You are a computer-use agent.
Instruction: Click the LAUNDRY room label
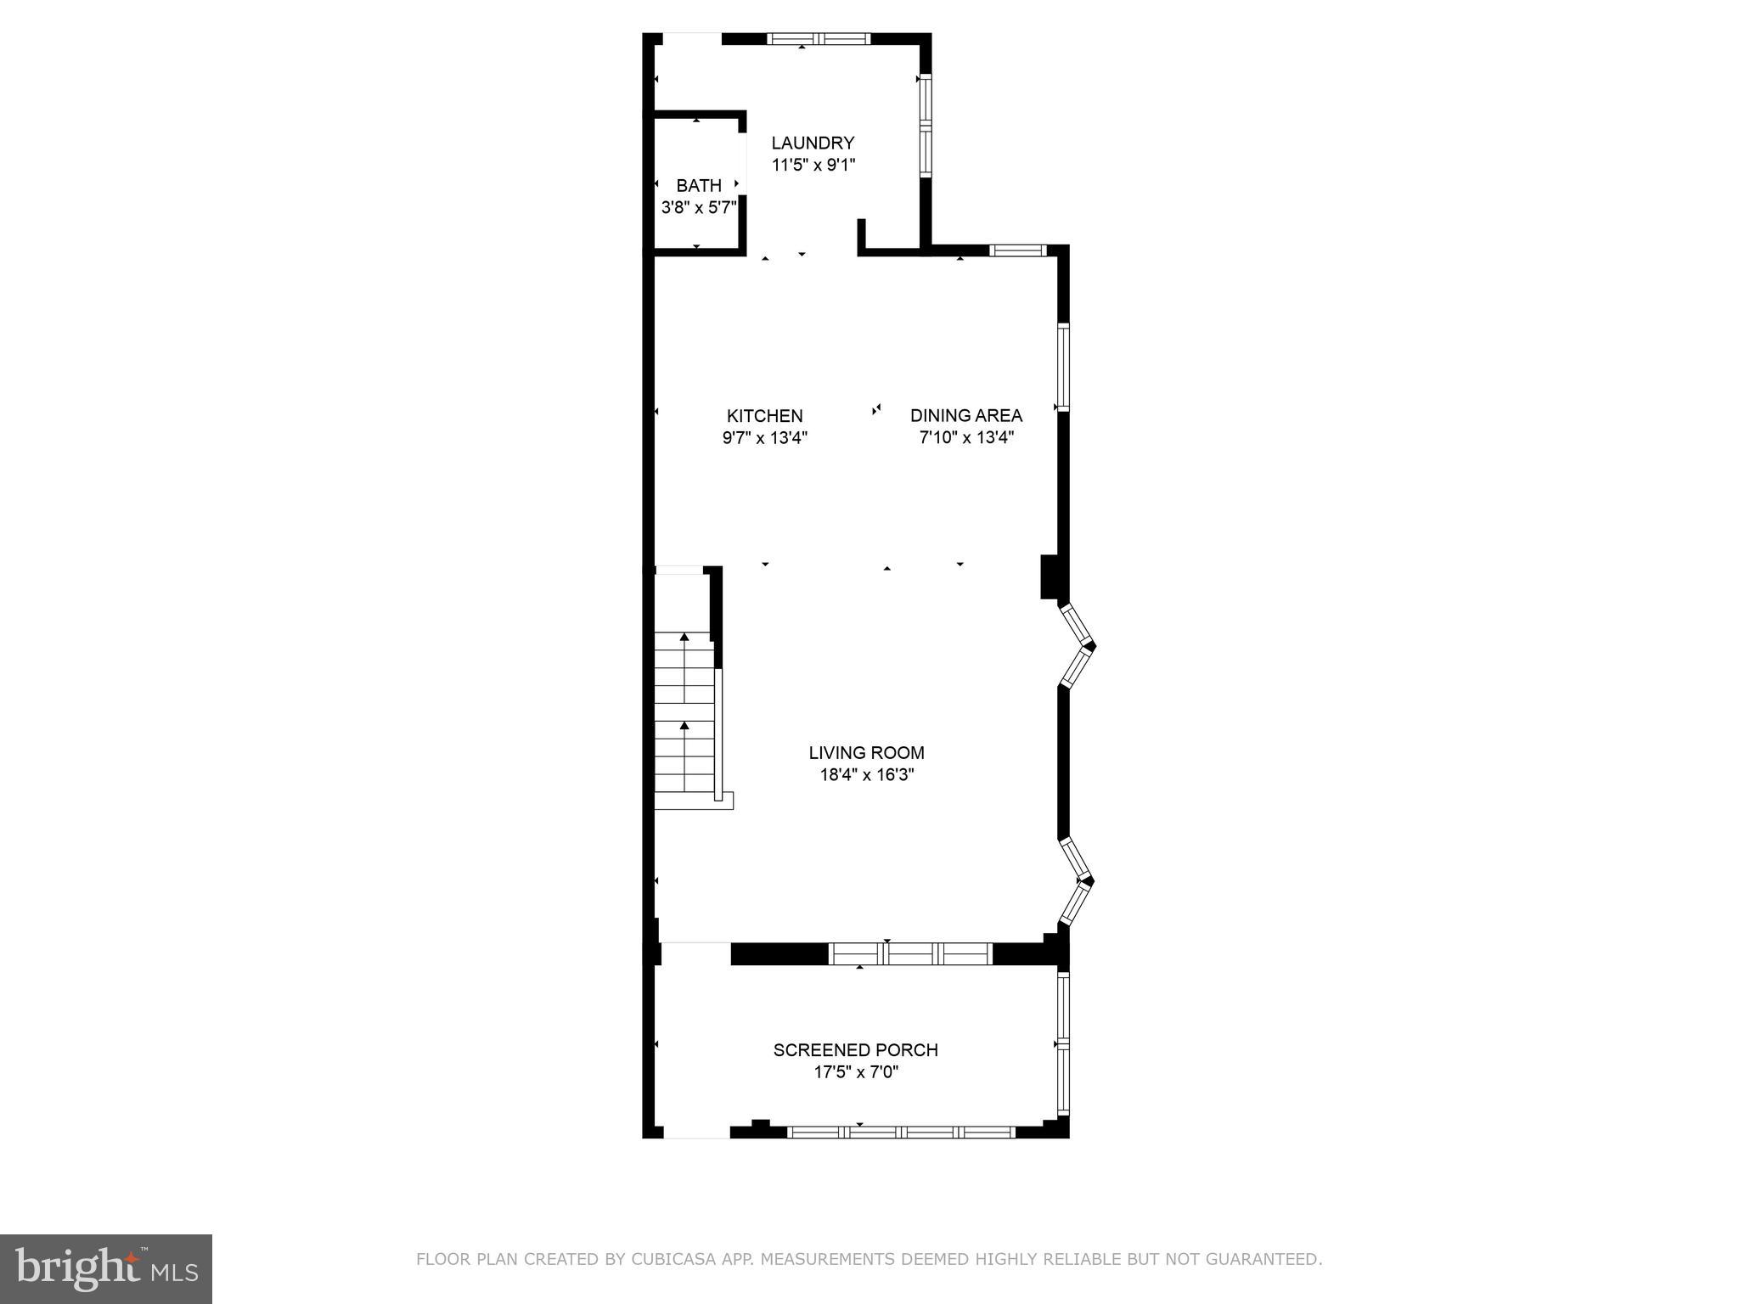pos(813,143)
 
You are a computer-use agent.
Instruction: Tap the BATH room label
pos(699,185)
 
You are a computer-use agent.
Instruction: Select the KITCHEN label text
pos(764,415)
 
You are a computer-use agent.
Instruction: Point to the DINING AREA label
pos(965,415)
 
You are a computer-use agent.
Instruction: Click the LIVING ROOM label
pos(866,752)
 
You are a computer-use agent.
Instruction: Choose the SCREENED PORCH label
pos(855,1050)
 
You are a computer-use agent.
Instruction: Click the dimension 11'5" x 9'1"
pos(813,166)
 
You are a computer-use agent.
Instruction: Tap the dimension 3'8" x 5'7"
pos(698,208)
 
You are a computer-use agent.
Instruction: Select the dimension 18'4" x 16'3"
pos(866,775)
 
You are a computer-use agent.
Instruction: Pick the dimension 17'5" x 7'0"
pos(856,1072)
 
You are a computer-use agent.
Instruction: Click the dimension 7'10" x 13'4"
pos(966,438)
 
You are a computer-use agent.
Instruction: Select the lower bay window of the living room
pos(1077,881)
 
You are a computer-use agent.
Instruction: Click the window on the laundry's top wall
pos(819,38)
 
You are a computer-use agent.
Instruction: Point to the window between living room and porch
pos(910,954)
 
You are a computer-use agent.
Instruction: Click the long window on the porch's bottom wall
pos(901,1132)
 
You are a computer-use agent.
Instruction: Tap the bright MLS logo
pos(106,1268)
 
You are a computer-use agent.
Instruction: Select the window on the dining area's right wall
pos(1063,367)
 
